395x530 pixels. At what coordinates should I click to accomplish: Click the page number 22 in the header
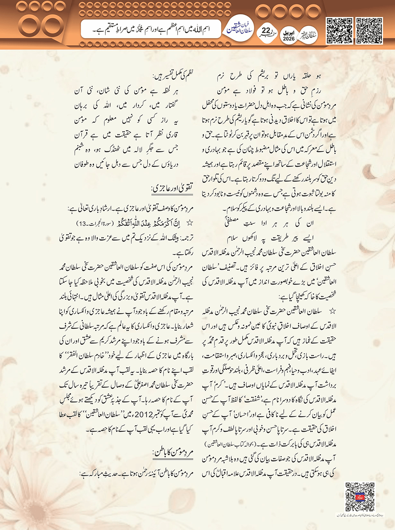click(x=266, y=31)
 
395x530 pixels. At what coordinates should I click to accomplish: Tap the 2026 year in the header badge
click(x=288, y=39)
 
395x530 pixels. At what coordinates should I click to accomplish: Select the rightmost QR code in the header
click(x=369, y=30)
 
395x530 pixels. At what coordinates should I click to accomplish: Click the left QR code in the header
click(x=339, y=30)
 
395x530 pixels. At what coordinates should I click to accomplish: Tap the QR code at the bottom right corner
click(x=360, y=497)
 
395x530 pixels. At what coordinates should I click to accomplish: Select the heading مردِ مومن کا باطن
click(x=173, y=452)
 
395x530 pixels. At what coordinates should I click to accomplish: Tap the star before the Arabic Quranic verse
click(x=189, y=223)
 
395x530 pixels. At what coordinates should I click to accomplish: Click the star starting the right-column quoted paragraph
click(x=332, y=311)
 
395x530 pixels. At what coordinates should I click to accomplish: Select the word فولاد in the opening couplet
click(x=246, y=91)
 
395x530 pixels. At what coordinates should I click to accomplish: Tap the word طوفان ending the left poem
click(x=82, y=164)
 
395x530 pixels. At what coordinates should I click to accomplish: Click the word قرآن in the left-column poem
click(x=82, y=135)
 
